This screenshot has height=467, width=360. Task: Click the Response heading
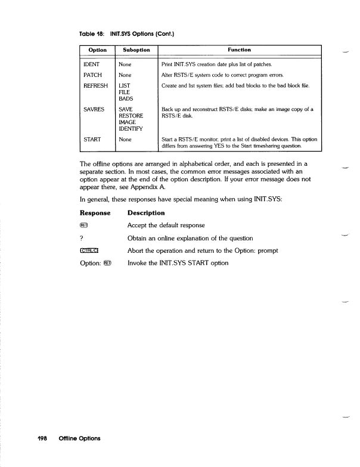click(96, 213)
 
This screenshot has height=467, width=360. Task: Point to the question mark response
click(81, 238)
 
